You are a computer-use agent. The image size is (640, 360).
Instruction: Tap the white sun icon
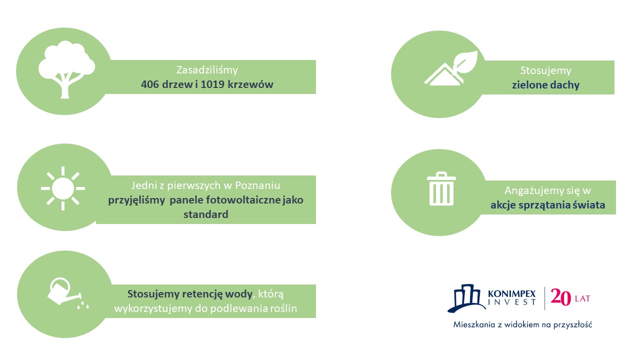[63, 188]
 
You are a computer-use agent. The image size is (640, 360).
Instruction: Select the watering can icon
[68, 293]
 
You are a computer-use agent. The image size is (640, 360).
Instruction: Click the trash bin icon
[441, 188]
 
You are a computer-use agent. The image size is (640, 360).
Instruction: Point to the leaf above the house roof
[465, 61]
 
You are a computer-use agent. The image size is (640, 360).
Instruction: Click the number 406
[149, 84]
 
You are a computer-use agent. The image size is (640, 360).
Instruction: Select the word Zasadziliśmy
[207, 70]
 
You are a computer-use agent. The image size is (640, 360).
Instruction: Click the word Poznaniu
[257, 185]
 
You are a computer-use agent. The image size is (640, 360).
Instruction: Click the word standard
[205, 214]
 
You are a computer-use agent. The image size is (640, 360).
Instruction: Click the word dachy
[565, 85]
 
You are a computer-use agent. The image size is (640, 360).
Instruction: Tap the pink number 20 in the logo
[560, 297]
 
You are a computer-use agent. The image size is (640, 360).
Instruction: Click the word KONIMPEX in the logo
[511, 293]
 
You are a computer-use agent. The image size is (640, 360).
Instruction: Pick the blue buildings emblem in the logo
[467, 298]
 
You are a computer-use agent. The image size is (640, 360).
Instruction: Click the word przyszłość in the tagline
[572, 325]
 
